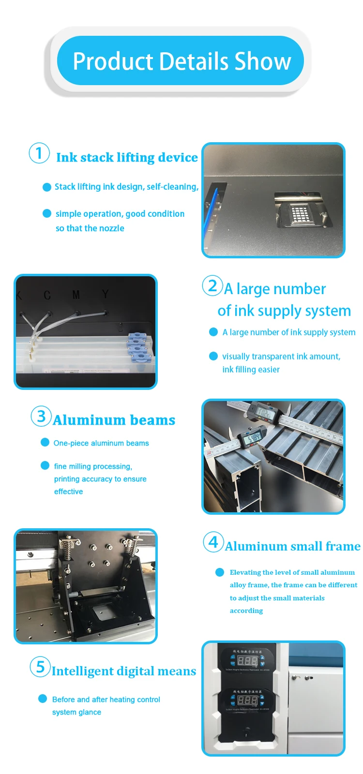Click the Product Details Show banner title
click(181, 61)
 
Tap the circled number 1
click(39, 153)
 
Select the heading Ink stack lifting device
click(127, 158)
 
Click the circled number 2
click(212, 285)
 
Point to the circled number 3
click(41, 416)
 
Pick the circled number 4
click(213, 542)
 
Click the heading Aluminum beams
click(114, 420)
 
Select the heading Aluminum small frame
click(292, 547)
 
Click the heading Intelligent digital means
click(124, 671)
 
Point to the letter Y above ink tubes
click(105, 294)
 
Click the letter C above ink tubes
click(47, 295)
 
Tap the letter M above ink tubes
click(76, 295)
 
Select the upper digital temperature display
click(247, 660)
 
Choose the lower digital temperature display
click(247, 700)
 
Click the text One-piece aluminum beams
click(101, 443)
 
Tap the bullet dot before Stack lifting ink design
click(47, 187)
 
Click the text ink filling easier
click(251, 370)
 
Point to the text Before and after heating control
click(106, 700)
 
